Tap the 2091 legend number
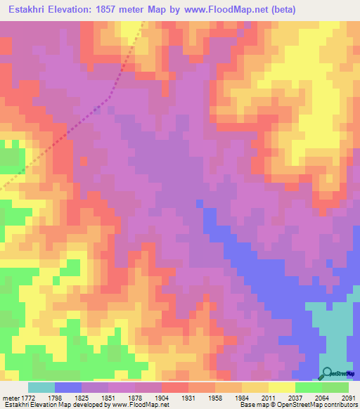347,398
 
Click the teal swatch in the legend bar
41,387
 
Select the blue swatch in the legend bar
68,387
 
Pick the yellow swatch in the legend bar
281,387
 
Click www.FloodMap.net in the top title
224,10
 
